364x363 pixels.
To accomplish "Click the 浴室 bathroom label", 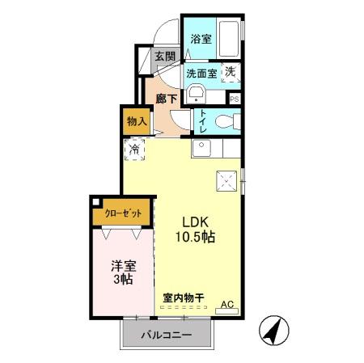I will point(201,38).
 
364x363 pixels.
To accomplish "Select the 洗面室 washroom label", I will point(201,73).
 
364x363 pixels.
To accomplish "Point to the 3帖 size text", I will point(124,279).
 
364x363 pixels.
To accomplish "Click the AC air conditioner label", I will point(227,305).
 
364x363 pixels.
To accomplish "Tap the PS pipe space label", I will point(235,99).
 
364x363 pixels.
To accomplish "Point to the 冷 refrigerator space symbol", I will point(136,150).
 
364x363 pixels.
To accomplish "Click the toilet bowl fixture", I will point(229,122).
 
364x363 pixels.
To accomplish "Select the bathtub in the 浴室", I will point(229,37).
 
